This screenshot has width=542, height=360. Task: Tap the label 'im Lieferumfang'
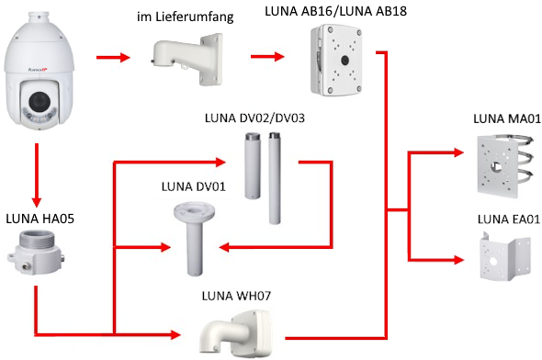(x=186, y=17)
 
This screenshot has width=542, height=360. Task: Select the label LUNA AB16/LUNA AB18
(x=335, y=11)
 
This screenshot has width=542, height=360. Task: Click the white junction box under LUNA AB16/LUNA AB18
(x=336, y=60)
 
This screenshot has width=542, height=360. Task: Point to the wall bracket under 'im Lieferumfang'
(x=187, y=59)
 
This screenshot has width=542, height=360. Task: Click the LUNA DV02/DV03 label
(x=254, y=118)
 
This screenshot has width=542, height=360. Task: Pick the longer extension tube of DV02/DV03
(x=275, y=178)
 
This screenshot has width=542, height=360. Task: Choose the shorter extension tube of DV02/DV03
(x=253, y=166)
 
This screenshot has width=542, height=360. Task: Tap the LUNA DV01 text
(x=193, y=186)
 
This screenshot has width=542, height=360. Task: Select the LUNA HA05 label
(x=40, y=219)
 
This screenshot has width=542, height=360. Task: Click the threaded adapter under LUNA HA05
(x=36, y=253)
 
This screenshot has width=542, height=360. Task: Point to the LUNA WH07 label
(x=236, y=296)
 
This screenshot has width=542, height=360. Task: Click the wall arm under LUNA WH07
(x=236, y=334)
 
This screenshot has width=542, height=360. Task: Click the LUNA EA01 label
(x=509, y=219)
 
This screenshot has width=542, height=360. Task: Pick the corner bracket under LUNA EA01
(x=505, y=256)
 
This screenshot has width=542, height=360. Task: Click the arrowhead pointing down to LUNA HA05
(x=37, y=202)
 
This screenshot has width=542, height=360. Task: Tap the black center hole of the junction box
(x=344, y=60)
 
